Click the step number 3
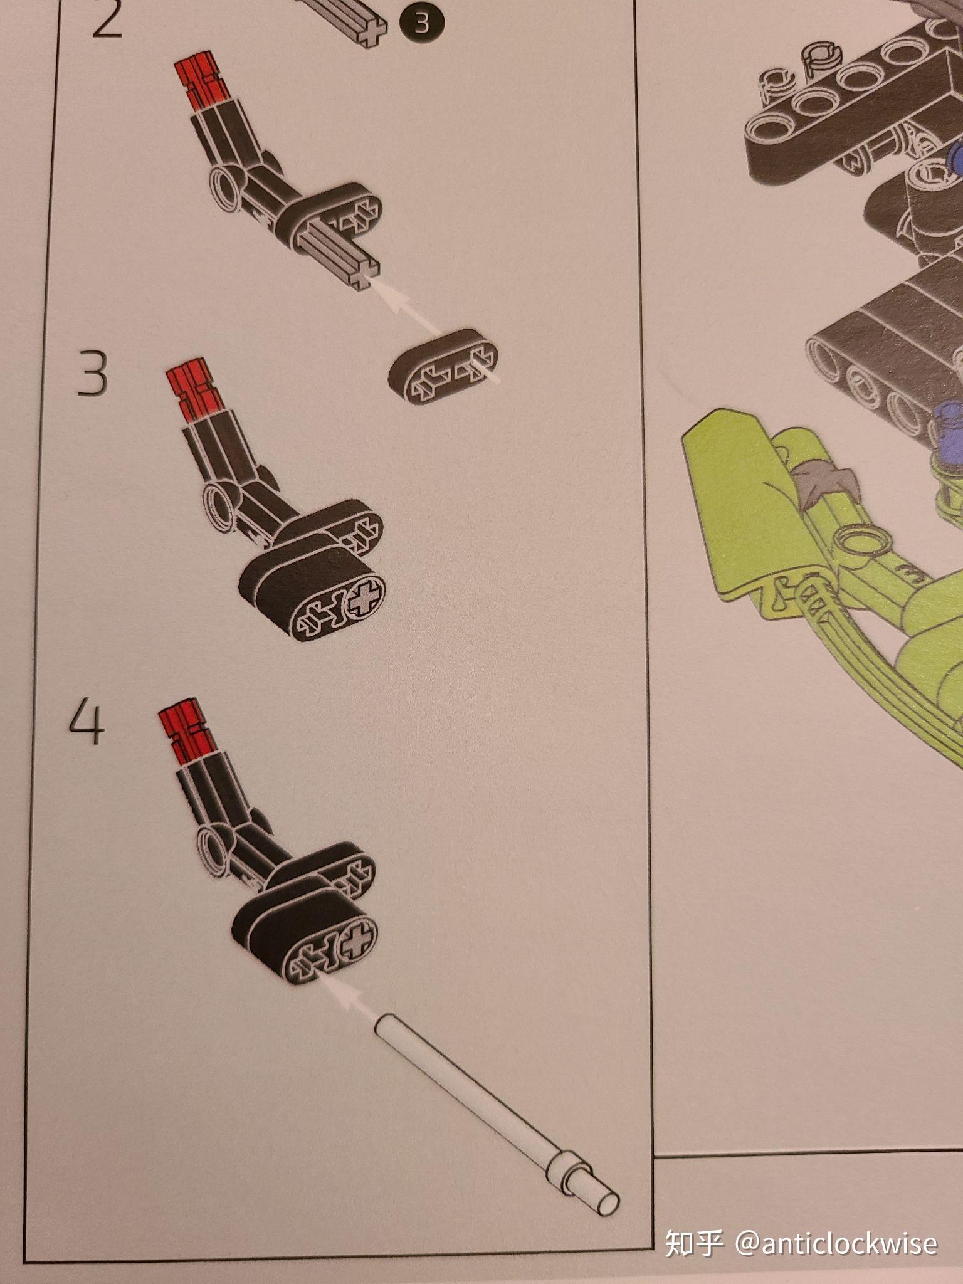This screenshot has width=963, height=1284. (x=92, y=372)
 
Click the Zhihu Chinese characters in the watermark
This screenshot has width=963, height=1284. (x=694, y=1243)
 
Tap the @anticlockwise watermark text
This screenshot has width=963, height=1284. (x=836, y=1243)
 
